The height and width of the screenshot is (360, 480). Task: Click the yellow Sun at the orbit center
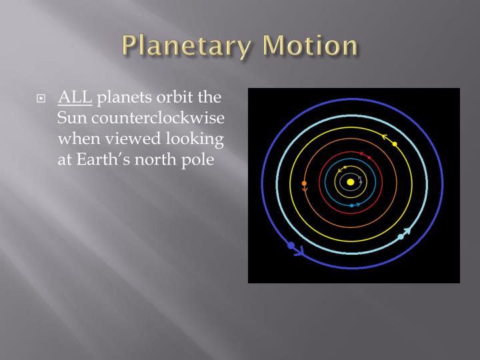pos(350,182)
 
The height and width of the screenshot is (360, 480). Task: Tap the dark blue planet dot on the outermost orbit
pos(291,245)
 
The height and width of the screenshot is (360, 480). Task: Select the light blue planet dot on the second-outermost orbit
pos(401,237)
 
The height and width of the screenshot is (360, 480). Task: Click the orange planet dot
pos(304,183)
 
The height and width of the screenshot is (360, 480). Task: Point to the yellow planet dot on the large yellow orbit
pos(395,144)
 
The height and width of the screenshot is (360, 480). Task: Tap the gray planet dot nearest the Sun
pos(359,178)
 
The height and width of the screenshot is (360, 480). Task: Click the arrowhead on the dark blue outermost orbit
pos(299,252)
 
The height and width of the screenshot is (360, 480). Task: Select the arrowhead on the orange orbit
pos(305,191)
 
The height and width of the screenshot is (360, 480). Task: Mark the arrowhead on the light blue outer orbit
pos(407,231)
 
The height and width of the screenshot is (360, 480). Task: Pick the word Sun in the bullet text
pos(71,121)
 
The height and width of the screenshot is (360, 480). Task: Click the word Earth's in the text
pos(107,161)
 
